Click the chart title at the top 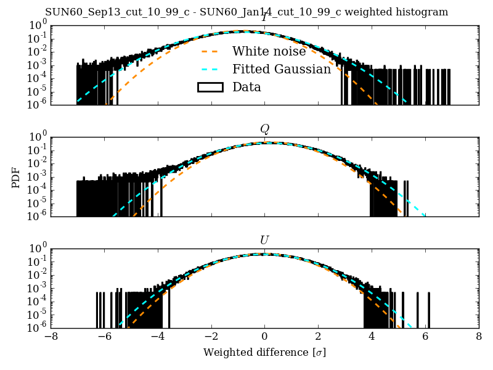click(x=246, y=12)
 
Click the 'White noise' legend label click(x=269, y=51)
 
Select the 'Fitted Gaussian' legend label click(x=282, y=69)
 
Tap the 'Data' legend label click(x=246, y=87)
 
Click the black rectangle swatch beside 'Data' click(x=210, y=87)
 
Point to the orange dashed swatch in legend click(x=210, y=51)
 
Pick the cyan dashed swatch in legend click(x=210, y=69)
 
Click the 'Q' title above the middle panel click(x=264, y=129)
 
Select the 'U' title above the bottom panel click(x=264, y=240)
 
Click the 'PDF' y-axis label click(x=16, y=177)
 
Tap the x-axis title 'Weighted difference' click(x=264, y=353)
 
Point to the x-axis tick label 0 click(x=264, y=337)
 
